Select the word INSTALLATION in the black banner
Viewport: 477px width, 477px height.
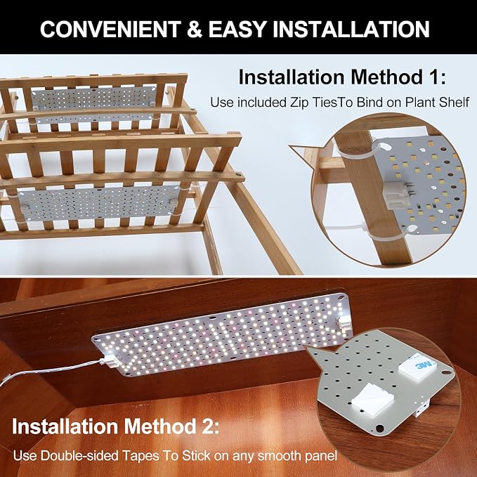351,30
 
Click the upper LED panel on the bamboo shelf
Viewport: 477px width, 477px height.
94,104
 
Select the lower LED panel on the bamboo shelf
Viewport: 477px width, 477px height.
98,203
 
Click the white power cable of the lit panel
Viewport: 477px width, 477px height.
52,370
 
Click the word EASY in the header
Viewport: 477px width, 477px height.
237,30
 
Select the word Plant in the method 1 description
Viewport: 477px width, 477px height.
420,103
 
